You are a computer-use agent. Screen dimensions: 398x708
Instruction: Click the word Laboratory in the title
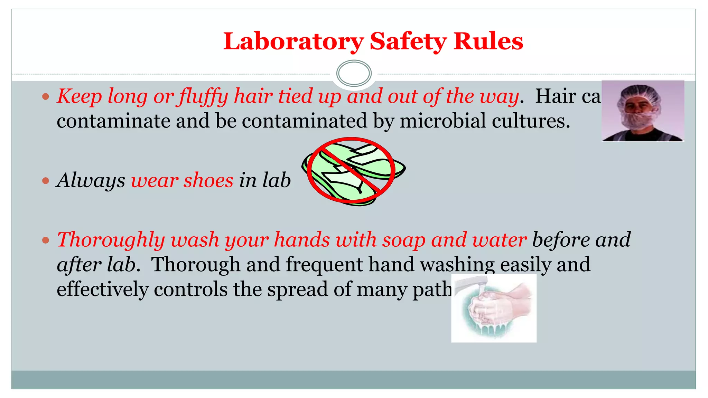pos(293,41)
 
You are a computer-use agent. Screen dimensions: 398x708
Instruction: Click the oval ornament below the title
pos(354,73)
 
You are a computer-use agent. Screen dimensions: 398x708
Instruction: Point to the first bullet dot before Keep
pos(46,96)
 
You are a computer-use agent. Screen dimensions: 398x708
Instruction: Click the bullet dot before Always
pos(46,181)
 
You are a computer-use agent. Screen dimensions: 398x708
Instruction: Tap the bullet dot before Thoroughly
pos(46,240)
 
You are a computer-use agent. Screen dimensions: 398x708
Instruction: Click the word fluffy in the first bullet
pos(203,96)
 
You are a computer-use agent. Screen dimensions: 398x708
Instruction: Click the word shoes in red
pos(208,180)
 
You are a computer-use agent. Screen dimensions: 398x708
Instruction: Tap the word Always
pos(91,180)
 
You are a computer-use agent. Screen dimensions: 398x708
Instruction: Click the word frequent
pos(324,265)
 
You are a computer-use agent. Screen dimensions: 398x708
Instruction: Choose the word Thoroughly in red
pos(111,240)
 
